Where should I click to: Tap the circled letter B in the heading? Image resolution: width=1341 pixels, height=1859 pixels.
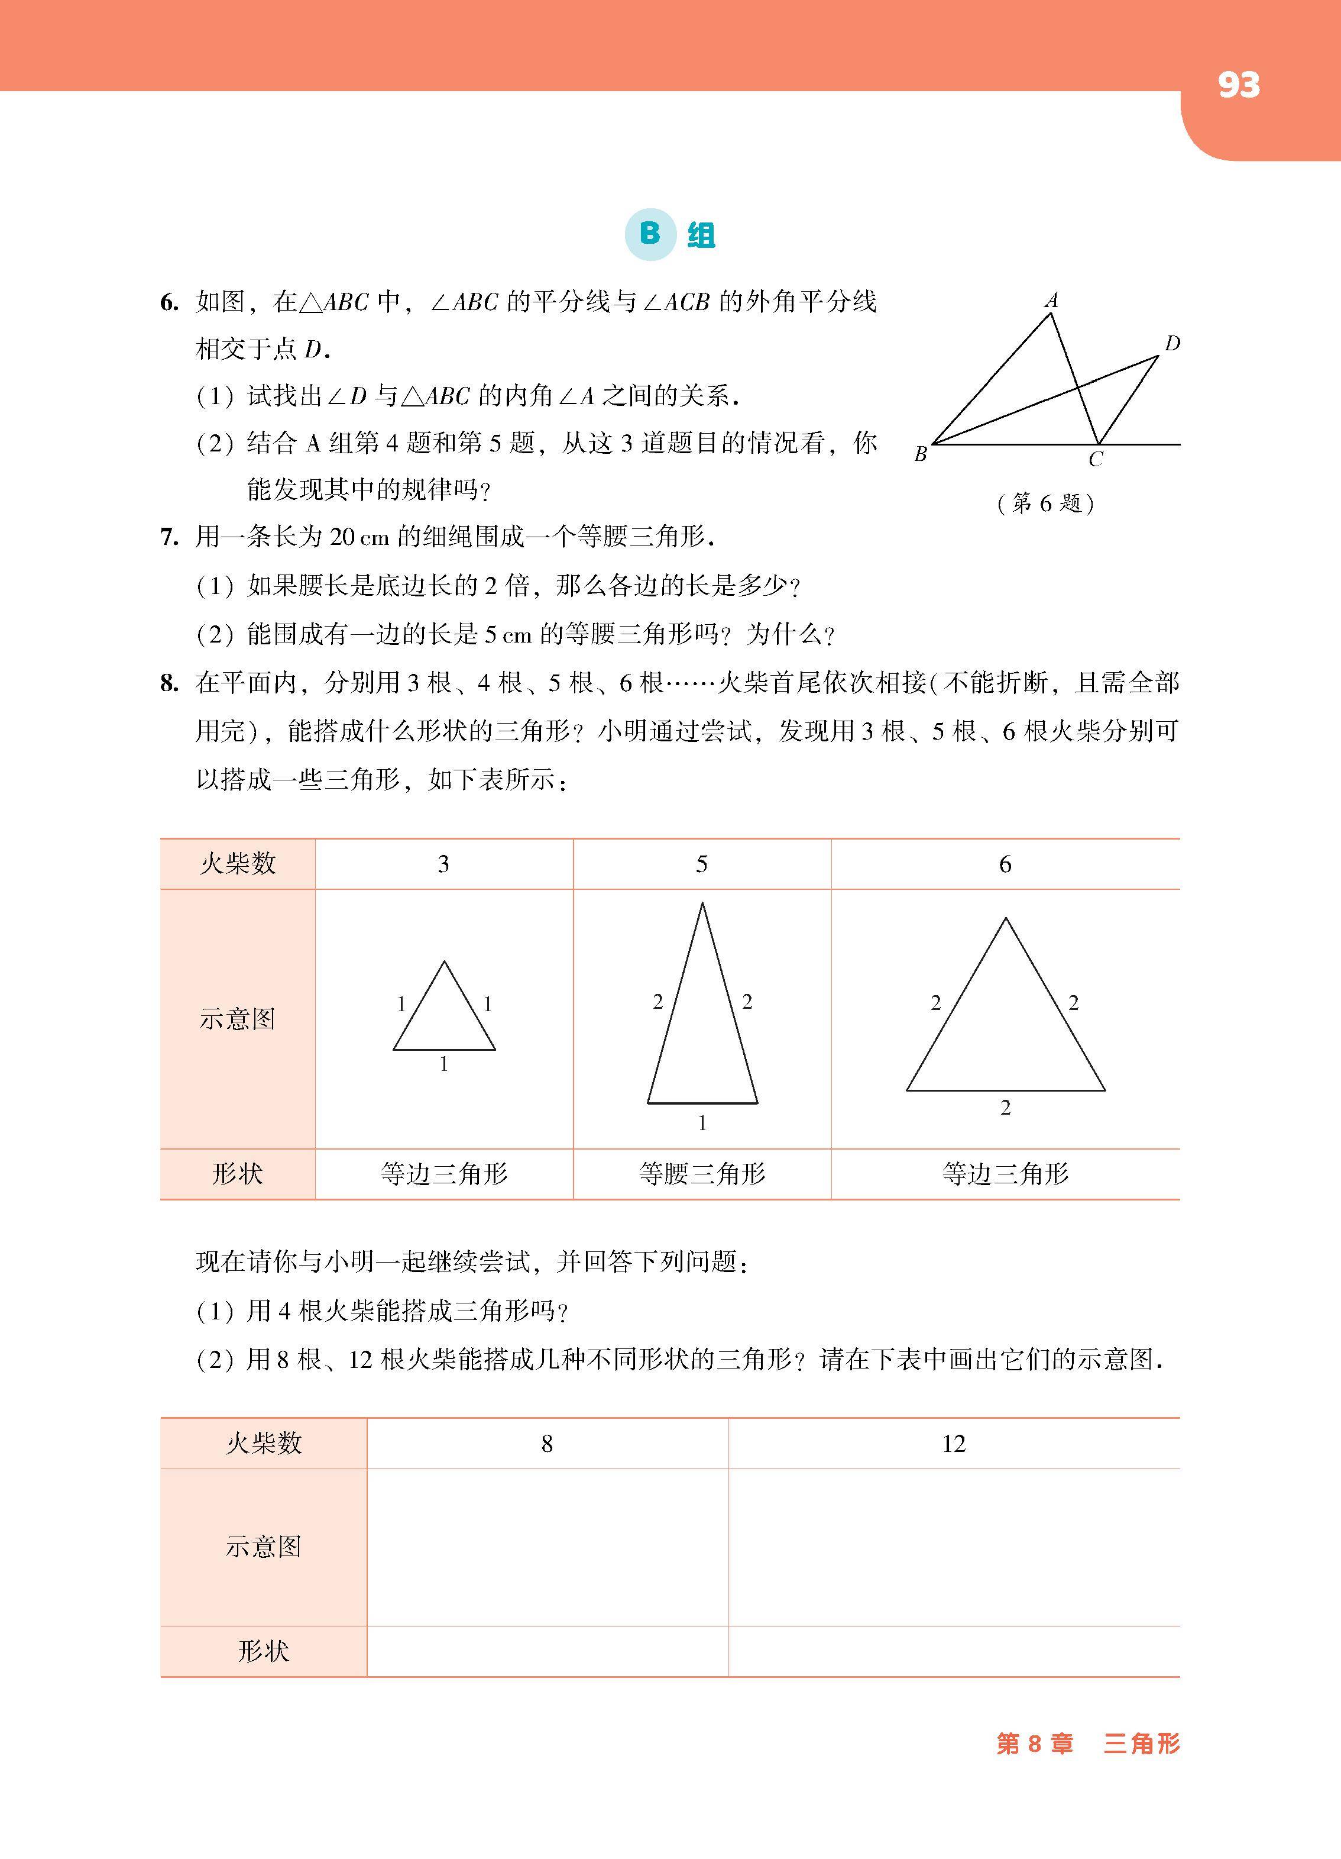(650, 234)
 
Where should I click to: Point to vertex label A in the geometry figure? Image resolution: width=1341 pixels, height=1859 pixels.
(1052, 301)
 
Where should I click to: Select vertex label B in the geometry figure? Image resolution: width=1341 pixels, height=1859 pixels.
(921, 453)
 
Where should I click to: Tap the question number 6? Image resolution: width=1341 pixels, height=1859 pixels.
(169, 304)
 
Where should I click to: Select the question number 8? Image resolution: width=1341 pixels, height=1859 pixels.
(169, 683)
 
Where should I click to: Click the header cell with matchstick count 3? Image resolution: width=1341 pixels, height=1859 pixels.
(443, 864)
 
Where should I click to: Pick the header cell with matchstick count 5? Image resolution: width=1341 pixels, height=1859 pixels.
(701, 864)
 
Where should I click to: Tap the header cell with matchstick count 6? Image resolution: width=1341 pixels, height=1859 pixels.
(1005, 864)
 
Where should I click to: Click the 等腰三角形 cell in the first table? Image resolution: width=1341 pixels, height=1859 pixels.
(702, 1174)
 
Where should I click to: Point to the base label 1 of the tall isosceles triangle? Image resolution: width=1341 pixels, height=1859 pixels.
(702, 1123)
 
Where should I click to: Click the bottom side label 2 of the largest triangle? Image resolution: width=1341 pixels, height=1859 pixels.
(1005, 1108)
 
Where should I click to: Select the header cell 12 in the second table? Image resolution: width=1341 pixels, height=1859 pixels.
(954, 1444)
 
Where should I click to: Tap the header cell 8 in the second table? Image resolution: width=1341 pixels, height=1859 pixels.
(546, 1444)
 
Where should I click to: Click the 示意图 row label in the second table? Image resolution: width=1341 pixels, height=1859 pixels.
(263, 1547)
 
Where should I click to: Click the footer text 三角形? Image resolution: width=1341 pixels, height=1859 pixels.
(1141, 1744)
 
